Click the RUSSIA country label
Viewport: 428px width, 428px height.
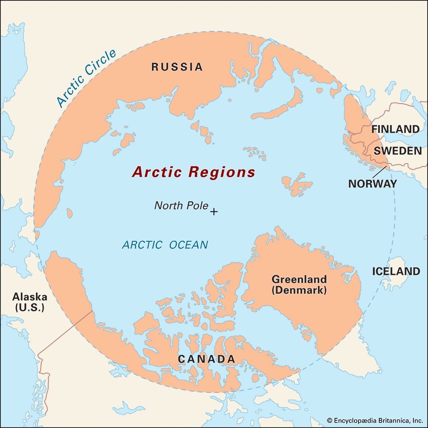pyautogui.click(x=177, y=67)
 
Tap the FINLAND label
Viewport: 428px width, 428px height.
pyautogui.click(x=395, y=129)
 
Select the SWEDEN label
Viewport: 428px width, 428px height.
pyautogui.click(x=398, y=151)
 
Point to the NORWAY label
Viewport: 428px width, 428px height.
pyautogui.click(x=372, y=184)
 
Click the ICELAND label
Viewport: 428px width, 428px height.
pyautogui.click(x=396, y=271)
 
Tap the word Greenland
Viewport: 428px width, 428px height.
pyautogui.click(x=299, y=279)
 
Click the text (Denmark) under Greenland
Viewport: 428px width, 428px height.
pyautogui.click(x=299, y=290)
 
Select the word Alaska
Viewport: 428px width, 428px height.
pyautogui.click(x=30, y=297)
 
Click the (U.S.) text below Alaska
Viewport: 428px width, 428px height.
pyautogui.click(x=30, y=307)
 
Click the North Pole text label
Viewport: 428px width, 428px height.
pyautogui.click(x=181, y=206)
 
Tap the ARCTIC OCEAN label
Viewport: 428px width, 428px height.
pyautogui.click(x=165, y=245)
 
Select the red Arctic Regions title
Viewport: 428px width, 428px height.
pyautogui.click(x=193, y=172)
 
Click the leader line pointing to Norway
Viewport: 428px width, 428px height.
pyautogui.click(x=379, y=172)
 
